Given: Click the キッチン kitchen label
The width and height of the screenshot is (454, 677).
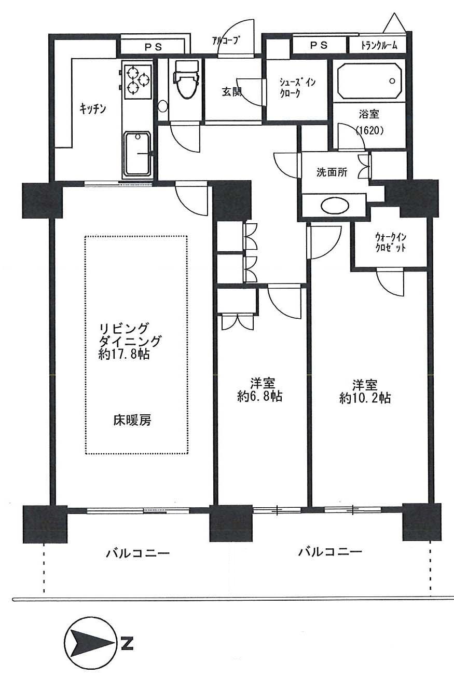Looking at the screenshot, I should click(x=93, y=109).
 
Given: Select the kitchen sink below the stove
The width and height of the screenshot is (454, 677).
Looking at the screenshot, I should click(x=137, y=153).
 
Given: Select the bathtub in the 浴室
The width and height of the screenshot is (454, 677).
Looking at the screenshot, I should click(x=369, y=81).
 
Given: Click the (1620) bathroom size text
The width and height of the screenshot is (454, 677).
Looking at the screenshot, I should click(x=369, y=131).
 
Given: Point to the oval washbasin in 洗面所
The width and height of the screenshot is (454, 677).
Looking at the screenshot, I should click(x=335, y=206).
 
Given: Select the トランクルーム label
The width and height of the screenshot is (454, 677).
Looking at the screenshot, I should click(x=379, y=45).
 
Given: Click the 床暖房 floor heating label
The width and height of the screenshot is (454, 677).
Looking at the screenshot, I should click(x=132, y=420).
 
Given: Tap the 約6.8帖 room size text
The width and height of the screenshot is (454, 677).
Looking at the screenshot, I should click(x=259, y=397).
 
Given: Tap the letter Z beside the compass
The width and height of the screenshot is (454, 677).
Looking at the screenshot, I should click(x=127, y=644).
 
